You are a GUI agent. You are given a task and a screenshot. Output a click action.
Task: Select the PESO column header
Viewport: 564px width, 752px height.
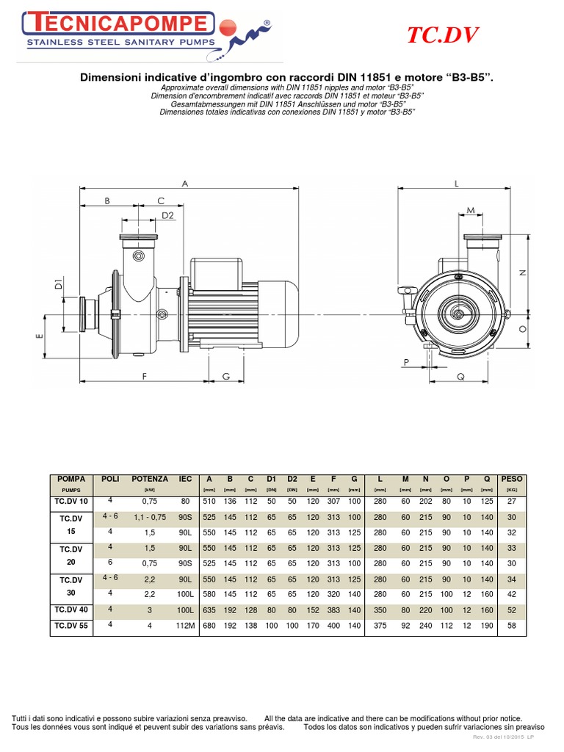[x=511, y=478]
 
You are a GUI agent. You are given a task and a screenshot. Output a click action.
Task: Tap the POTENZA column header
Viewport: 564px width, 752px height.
[x=150, y=478]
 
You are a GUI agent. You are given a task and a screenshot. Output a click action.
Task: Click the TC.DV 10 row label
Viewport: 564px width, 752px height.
[x=71, y=501]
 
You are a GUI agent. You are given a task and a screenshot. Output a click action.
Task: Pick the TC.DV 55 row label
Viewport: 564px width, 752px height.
[x=71, y=626]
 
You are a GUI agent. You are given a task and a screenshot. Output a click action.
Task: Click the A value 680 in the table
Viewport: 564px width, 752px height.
[x=209, y=626]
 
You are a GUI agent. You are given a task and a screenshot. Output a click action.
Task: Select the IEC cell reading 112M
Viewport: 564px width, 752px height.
[x=184, y=626]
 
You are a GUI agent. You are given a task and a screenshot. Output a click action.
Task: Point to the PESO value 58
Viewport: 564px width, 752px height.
[x=511, y=626]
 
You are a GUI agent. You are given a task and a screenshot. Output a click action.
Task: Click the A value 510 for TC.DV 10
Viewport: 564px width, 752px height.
[x=209, y=501]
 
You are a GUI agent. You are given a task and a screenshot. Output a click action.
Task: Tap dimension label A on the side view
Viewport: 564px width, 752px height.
[x=185, y=184]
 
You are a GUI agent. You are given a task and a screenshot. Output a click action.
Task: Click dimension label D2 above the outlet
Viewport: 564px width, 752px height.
[x=167, y=215]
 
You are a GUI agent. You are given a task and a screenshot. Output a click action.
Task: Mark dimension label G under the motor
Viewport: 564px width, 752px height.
[x=226, y=376]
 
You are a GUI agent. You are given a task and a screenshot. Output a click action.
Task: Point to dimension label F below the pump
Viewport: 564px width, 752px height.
[x=145, y=376]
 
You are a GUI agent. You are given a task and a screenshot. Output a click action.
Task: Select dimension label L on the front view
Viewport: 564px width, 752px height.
[x=456, y=184]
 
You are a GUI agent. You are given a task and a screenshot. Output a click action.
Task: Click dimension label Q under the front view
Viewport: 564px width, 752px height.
[x=461, y=376]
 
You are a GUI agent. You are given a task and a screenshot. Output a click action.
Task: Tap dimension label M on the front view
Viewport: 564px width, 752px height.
[x=471, y=211]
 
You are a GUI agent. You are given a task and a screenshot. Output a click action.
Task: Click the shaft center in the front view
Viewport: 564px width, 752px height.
[x=459, y=314]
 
